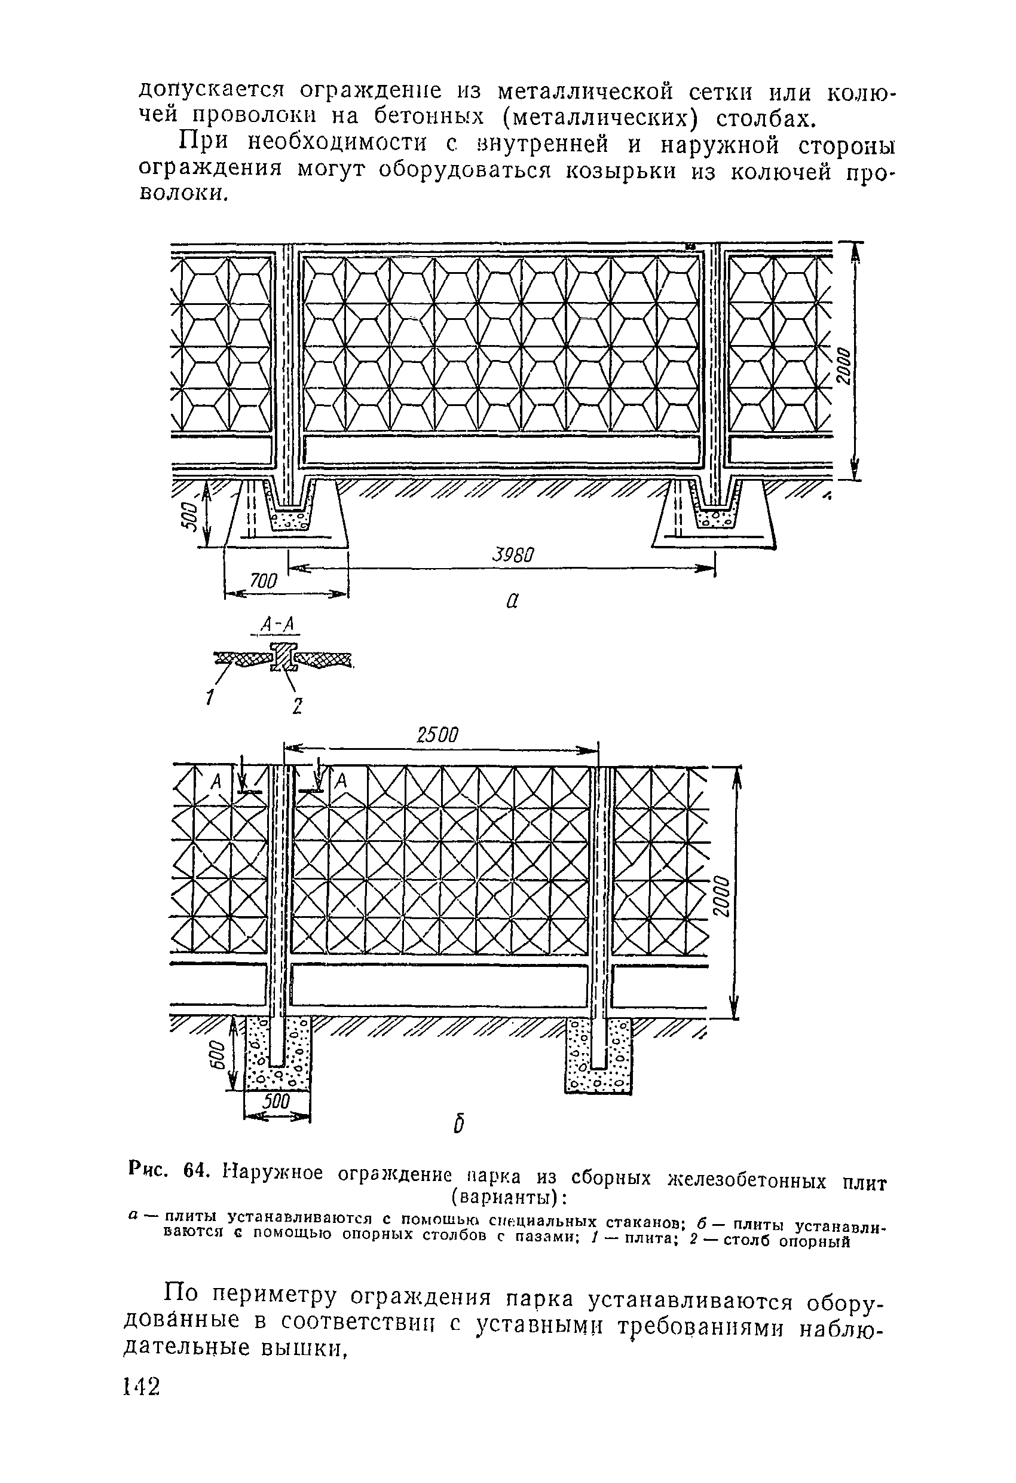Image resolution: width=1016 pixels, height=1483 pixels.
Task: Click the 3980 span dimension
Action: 513,554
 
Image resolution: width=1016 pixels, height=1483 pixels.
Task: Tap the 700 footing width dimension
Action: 264,581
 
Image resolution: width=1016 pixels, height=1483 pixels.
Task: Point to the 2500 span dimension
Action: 437,735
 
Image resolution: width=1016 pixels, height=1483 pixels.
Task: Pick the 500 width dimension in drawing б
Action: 277,1102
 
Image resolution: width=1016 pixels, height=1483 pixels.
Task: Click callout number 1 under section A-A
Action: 210,697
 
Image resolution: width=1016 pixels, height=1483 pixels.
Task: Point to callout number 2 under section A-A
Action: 296,706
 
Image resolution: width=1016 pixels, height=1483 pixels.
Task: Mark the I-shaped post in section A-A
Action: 283,657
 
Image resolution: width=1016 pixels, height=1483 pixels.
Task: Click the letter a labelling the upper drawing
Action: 512,600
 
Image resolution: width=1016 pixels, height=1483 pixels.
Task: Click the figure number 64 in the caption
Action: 195,1171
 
